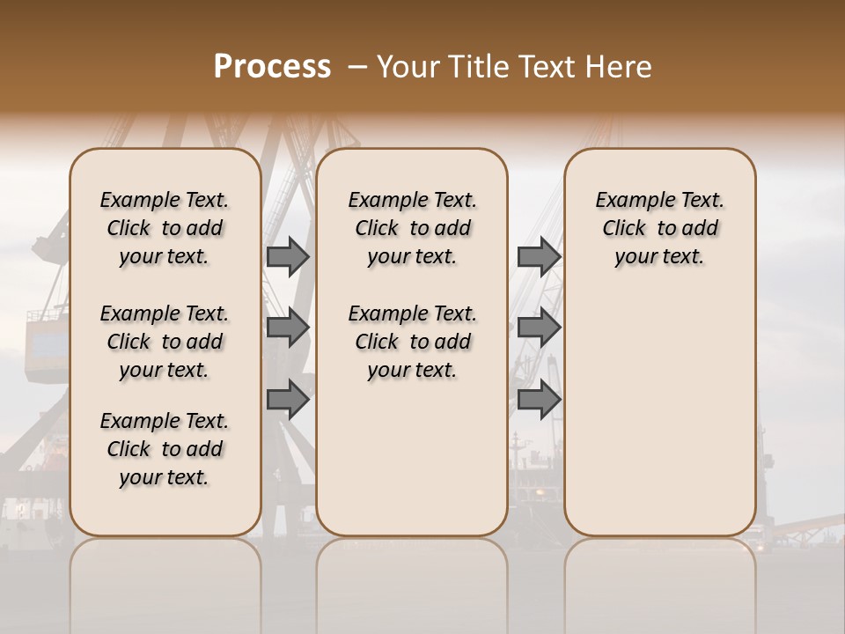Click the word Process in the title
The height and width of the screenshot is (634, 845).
pyautogui.click(x=272, y=67)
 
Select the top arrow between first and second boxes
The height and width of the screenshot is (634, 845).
pyautogui.click(x=288, y=257)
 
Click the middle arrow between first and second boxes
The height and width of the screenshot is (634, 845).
pyautogui.click(x=288, y=328)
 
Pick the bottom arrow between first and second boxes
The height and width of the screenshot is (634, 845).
pyautogui.click(x=288, y=399)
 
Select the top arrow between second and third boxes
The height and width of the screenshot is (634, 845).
pyautogui.click(x=539, y=257)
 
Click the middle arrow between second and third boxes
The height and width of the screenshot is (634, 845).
pyautogui.click(x=539, y=328)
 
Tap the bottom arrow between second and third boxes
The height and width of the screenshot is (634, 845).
pyautogui.click(x=539, y=399)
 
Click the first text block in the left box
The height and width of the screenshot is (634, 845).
pyautogui.click(x=165, y=228)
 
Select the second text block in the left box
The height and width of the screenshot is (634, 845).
pyautogui.click(x=165, y=342)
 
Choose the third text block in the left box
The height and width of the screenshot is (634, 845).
pyautogui.click(x=165, y=449)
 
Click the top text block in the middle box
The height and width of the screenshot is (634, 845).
pyautogui.click(x=412, y=228)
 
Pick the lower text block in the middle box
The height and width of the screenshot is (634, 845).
pyautogui.click(x=412, y=342)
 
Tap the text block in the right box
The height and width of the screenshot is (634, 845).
pyautogui.click(x=659, y=228)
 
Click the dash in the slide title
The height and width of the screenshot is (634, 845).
pyautogui.click(x=357, y=67)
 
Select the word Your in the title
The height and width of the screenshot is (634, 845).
pyautogui.click(x=406, y=67)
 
